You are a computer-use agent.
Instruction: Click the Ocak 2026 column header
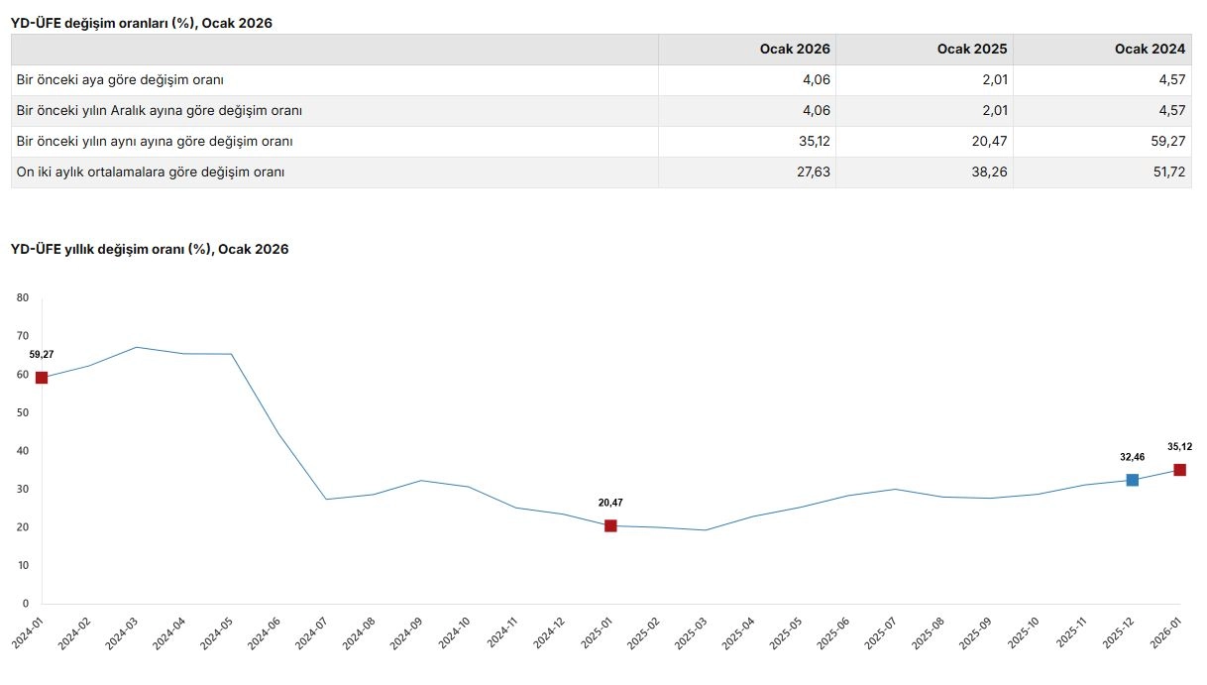(795, 50)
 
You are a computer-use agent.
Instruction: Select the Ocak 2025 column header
(972, 50)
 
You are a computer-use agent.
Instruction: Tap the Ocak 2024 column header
(1150, 50)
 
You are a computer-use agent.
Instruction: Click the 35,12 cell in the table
(815, 142)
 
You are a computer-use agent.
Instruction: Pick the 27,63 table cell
(815, 172)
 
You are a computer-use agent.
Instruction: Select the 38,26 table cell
(991, 172)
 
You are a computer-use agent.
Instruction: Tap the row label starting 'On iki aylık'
(151, 172)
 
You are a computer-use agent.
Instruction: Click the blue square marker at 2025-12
(1133, 480)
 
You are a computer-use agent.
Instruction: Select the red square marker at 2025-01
(610, 525)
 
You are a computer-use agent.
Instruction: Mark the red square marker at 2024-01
(42, 378)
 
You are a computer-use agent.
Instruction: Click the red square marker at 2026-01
(1180, 470)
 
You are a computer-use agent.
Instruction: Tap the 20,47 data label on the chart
(610, 503)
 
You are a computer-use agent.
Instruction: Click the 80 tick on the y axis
(23, 297)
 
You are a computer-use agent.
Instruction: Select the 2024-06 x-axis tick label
(267, 631)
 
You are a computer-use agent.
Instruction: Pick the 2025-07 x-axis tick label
(883, 631)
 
